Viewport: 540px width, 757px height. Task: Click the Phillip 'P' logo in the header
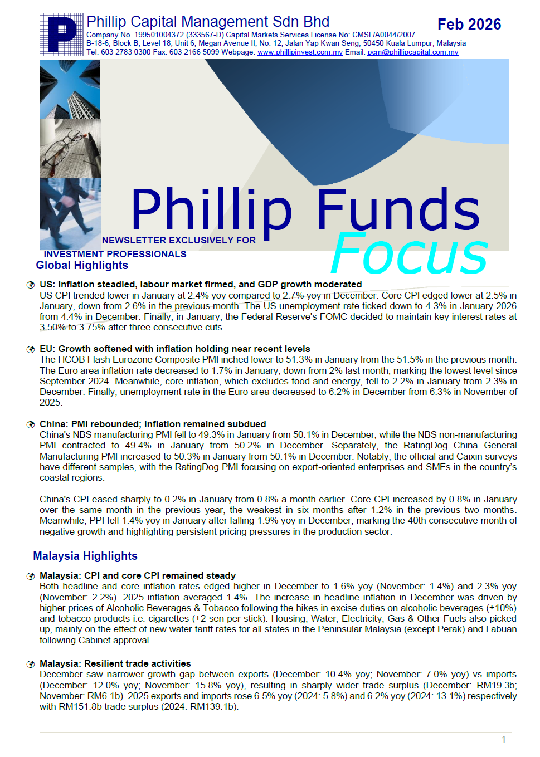61,35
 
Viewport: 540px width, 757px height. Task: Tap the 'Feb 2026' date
469,25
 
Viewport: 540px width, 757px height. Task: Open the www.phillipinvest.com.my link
300,52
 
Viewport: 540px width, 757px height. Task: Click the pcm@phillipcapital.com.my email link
413,52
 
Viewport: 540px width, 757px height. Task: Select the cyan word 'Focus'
410,254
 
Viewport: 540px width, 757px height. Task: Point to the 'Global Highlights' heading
82,266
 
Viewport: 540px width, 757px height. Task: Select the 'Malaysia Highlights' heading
85,556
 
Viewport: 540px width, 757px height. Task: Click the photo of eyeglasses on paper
70,149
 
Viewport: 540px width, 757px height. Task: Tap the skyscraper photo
70,89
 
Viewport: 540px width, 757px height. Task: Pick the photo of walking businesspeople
70,213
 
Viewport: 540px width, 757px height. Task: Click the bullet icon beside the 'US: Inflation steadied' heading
31,285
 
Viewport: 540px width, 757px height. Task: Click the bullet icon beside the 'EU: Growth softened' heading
31,349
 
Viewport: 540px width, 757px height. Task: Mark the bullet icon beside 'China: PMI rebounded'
31,424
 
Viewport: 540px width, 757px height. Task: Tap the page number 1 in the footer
504,739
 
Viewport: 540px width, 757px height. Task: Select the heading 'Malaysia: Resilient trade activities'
115,663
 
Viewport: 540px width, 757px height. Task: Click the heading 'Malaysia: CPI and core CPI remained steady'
138,575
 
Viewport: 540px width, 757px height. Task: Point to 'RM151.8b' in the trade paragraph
77,707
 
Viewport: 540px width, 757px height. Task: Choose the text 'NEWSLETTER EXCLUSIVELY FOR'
179,240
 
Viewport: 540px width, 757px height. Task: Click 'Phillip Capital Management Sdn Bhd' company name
208,22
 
